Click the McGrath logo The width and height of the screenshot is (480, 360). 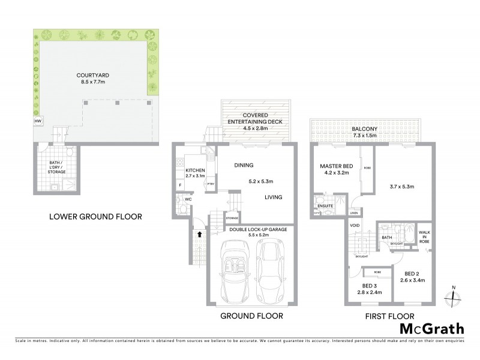(x=431, y=328)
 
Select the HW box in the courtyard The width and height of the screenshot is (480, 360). (x=38, y=121)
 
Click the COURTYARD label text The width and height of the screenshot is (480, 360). (x=93, y=76)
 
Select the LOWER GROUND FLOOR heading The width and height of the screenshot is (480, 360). (x=96, y=216)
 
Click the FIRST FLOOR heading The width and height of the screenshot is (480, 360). (x=383, y=316)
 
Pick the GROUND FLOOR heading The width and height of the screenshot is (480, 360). (x=251, y=316)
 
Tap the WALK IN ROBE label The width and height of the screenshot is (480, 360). (x=424, y=236)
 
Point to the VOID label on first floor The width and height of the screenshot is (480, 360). (x=355, y=225)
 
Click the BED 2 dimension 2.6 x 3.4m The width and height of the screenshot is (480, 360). (x=416, y=280)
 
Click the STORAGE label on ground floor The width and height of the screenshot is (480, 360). (x=232, y=218)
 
